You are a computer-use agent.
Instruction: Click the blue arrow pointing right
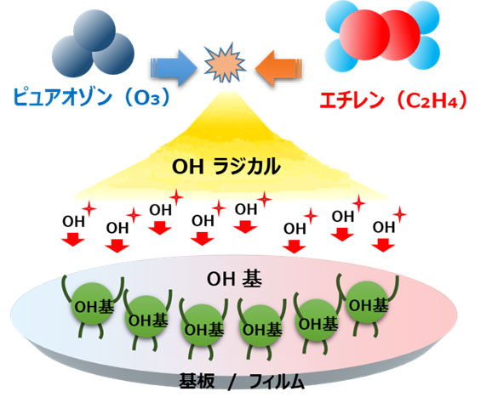tap(174, 67)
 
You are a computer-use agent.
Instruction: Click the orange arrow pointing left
tap(279, 68)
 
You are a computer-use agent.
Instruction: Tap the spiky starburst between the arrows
tap(225, 62)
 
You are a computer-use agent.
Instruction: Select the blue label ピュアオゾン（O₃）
tap(91, 97)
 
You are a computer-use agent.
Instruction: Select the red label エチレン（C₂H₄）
tap(392, 100)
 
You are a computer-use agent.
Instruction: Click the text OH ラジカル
tap(226, 167)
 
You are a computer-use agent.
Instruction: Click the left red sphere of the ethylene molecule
tap(364, 35)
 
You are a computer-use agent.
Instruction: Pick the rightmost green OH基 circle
tap(367, 303)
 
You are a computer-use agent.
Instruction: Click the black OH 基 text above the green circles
tap(234, 279)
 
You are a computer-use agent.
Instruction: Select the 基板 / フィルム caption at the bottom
tap(242, 382)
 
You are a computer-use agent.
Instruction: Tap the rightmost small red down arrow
tap(383, 245)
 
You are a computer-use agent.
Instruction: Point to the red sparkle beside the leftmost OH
tap(89, 208)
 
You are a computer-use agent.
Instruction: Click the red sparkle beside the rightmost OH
tap(400, 214)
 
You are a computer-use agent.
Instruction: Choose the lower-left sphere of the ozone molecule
tap(72, 56)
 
